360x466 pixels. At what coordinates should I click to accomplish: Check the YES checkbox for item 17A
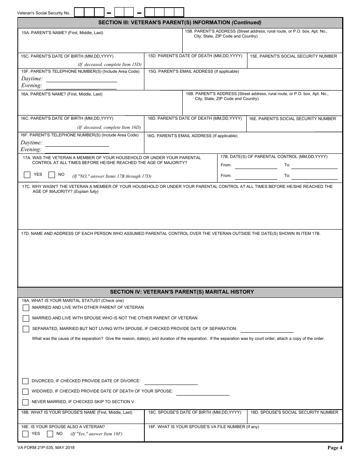tap(27, 175)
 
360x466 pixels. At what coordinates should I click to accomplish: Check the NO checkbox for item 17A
tap(52, 175)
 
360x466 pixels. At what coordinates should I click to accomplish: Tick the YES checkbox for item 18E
tap(25, 434)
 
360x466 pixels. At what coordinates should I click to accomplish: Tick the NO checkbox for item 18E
tap(50, 434)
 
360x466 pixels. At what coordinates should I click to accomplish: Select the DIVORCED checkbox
tap(25, 381)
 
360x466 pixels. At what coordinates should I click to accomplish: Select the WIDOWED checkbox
tap(25, 391)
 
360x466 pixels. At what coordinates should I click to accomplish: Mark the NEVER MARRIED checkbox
tap(25, 402)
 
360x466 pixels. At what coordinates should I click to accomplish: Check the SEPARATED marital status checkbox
tap(26, 329)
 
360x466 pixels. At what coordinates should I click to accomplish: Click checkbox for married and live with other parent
tap(26, 308)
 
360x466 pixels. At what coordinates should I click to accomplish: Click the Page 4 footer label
tap(335, 448)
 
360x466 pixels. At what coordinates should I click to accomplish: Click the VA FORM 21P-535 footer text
tap(46, 448)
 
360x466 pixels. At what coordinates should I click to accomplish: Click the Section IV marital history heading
tap(182, 292)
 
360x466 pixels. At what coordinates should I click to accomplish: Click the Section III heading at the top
tap(180, 22)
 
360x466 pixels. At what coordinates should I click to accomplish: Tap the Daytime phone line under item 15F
tap(81, 80)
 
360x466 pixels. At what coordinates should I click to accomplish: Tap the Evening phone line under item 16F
tap(77, 150)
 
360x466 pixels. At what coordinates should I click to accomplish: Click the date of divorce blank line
tap(171, 382)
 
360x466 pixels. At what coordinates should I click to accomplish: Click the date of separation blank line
tap(267, 329)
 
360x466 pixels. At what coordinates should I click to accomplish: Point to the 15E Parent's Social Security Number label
tap(293, 56)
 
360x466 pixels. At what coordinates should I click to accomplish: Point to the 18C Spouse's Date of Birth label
tap(195, 412)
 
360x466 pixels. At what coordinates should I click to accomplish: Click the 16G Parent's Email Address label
tap(192, 136)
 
